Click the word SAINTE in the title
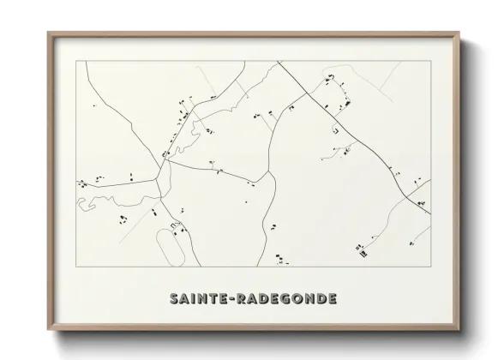pos(196,299)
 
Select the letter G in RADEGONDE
pos(289,299)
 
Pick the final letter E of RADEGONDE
pos(332,299)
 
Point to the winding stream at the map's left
pos(99,203)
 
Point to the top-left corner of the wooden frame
pos(49,33)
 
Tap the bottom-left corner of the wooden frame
pos(49,330)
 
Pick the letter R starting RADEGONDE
pos(244,299)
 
